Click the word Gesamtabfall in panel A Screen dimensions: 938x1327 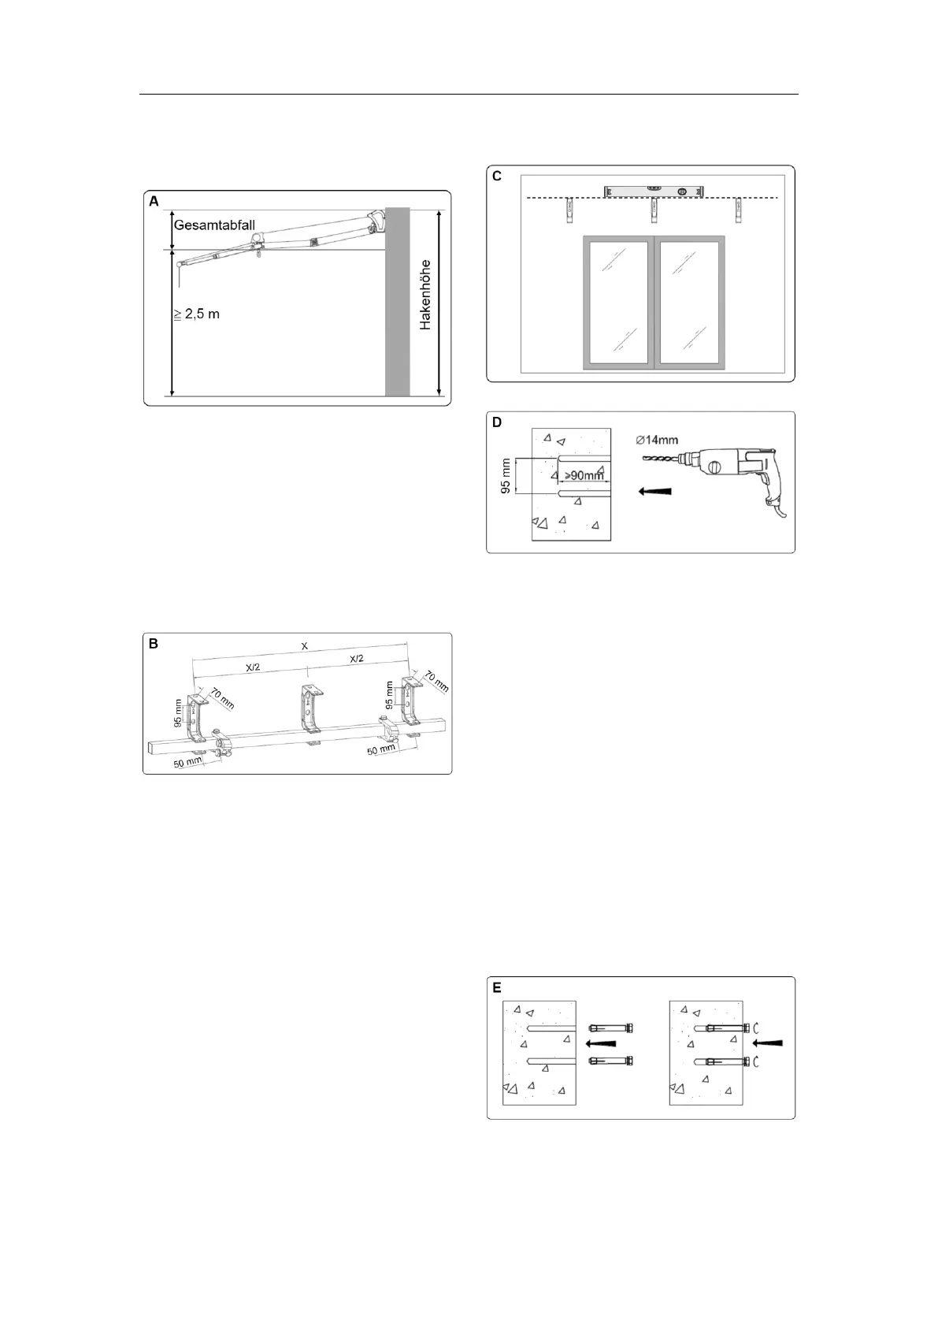point(214,225)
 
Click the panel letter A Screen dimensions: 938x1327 point(154,202)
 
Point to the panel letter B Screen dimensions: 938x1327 point(154,644)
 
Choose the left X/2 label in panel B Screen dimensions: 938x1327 point(254,667)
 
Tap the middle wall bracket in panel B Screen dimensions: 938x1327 point(313,706)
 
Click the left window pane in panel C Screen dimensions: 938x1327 point(617,301)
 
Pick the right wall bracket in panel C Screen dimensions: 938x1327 point(739,210)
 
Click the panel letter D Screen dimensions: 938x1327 point(497,422)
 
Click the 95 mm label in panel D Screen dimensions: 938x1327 point(506,476)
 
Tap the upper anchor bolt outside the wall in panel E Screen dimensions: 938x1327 point(611,1028)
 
